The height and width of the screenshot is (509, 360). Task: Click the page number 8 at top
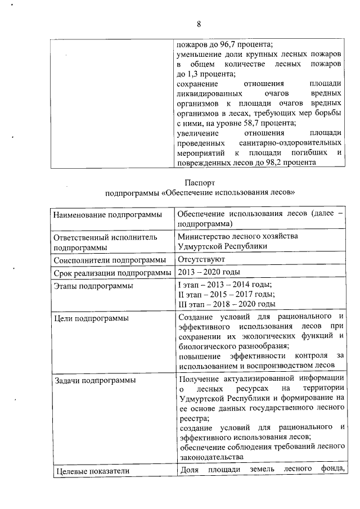point(199,23)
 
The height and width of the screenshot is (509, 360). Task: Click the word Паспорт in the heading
point(200,182)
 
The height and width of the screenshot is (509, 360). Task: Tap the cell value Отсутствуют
point(201,259)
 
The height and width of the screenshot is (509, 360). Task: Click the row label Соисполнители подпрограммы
point(110,260)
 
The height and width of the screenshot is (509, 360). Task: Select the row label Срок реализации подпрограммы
point(112,273)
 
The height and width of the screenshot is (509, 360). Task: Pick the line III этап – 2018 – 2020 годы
point(226,304)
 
